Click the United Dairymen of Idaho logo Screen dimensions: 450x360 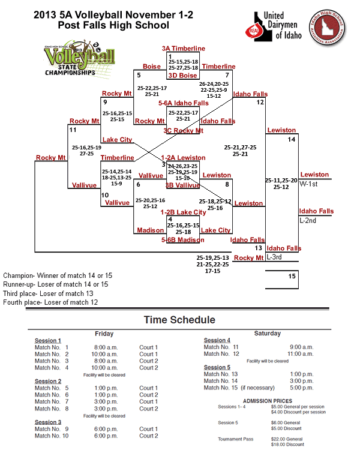[x=274, y=28]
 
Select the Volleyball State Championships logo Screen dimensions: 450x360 [x=69, y=59]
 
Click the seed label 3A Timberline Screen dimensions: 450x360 [x=183, y=49]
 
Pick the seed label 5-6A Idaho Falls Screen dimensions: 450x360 [x=184, y=103]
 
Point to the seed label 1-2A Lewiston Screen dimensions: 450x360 [x=183, y=158]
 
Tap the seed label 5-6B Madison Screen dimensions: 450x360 [x=183, y=240]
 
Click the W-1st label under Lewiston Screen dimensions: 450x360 [x=310, y=185]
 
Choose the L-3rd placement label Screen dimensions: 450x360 [x=275, y=257]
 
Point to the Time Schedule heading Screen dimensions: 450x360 [x=179, y=320]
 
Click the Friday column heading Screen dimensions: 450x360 [x=104, y=334]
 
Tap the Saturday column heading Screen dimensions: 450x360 [x=268, y=334]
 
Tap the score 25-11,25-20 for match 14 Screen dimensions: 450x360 [x=281, y=179]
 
